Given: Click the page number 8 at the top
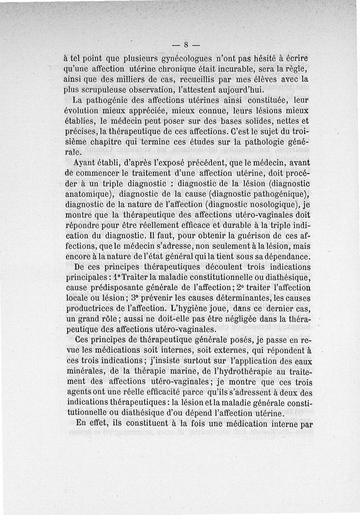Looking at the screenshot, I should pyautogui.click(x=185, y=45).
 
